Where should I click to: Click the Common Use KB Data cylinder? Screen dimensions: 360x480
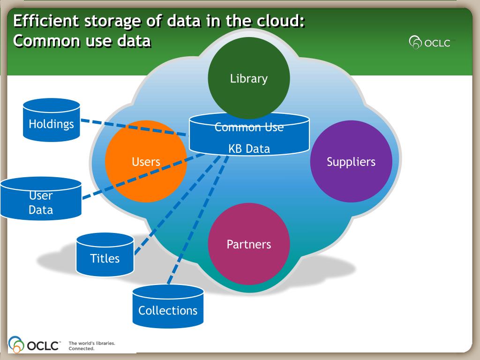pos(249,139)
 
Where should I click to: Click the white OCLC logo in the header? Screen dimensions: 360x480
pos(430,43)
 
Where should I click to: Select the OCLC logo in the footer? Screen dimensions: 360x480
pos(34,345)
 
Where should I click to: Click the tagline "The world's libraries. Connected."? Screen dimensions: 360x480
pos(92,346)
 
